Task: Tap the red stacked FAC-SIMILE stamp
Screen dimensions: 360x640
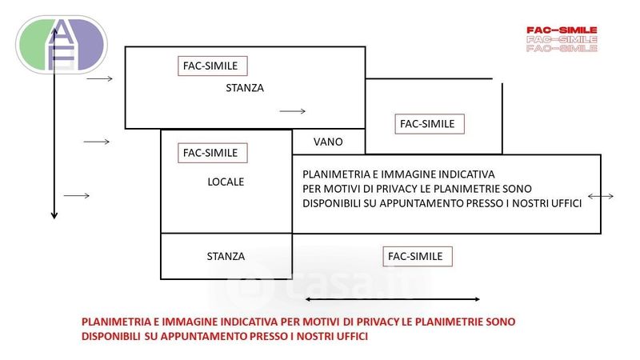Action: pos(562,39)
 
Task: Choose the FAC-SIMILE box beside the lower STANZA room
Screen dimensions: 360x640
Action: pos(418,256)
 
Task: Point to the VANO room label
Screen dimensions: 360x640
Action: pos(328,142)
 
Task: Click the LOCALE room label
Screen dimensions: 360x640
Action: pos(225,182)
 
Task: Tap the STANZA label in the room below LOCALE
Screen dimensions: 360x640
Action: pos(226,256)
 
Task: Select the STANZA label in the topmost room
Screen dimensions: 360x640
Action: pos(245,88)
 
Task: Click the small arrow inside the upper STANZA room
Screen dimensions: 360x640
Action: pos(293,111)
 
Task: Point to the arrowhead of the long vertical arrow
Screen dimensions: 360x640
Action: pos(54,214)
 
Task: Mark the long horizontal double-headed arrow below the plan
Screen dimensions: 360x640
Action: pos(393,299)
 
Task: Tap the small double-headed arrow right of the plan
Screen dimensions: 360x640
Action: pos(600,196)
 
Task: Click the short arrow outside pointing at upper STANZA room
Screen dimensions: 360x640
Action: pos(100,80)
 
